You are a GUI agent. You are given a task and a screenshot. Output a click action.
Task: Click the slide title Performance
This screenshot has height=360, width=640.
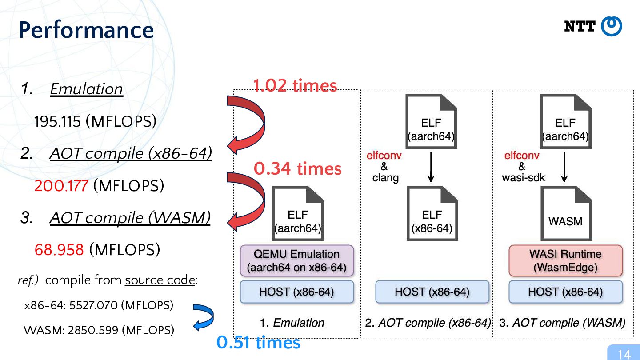point(86,30)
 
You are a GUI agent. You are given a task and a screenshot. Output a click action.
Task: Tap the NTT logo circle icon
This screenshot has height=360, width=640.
point(612,26)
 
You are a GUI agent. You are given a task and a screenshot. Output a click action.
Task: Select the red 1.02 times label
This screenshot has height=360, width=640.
point(295,85)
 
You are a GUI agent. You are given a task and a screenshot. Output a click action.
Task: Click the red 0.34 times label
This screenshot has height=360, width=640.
point(298,168)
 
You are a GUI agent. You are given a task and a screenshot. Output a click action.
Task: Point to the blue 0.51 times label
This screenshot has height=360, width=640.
point(258,342)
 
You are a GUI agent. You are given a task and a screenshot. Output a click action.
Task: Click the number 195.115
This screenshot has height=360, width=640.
point(57,121)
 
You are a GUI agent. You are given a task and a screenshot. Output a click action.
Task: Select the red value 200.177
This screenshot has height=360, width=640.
point(61,186)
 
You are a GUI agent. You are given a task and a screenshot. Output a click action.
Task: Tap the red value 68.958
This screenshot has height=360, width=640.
point(59,250)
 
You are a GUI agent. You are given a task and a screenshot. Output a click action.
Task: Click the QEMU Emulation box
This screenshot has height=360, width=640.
point(297,260)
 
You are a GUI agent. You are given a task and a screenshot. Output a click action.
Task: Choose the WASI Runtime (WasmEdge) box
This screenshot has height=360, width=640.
point(565,260)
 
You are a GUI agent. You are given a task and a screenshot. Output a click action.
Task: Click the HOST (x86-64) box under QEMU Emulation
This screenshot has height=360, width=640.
point(297,292)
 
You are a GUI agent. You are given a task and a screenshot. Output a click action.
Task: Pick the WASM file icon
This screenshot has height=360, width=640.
point(566,213)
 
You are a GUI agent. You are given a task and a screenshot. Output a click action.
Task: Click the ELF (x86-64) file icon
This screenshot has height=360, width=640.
point(432,213)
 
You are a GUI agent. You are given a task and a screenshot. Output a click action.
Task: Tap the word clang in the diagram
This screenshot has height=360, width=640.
point(385,178)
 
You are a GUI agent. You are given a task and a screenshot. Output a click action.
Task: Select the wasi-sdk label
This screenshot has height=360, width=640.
point(524,178)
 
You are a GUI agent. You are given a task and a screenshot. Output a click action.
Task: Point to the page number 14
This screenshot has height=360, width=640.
point(624,354)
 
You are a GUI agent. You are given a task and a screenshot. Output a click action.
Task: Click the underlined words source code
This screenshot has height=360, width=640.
point(160,280)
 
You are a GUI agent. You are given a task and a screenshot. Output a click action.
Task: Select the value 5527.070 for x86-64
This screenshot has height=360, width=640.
point(93,305)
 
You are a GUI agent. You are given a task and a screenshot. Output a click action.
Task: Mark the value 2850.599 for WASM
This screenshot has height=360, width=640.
point(93,330)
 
